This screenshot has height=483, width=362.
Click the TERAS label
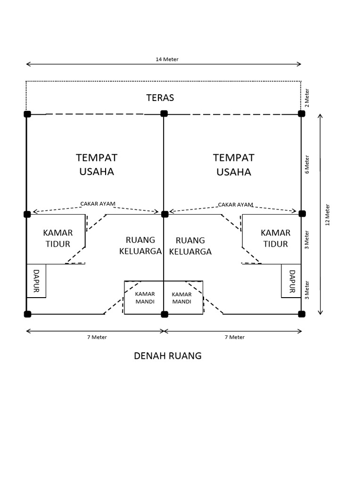click(160, 98)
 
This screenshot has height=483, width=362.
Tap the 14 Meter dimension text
click(167, 59)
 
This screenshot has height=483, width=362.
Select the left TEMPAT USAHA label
click(97, 164)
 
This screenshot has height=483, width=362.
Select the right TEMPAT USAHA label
click(234, 164)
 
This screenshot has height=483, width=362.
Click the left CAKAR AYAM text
click(98, 204)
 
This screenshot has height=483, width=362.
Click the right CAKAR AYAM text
click(235, 204)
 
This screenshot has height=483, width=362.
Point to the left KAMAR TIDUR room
click(58, 238)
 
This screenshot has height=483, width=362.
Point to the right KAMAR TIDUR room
click(275, 238)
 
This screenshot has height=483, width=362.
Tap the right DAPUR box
click(291, 281)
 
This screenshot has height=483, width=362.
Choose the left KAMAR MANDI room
click(145, 298)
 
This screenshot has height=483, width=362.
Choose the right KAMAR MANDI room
click(181, 298)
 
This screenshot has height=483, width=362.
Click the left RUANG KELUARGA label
click(140, 245)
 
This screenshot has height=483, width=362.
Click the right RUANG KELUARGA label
click(190, 246)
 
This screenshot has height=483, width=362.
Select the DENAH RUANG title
click(167, 356)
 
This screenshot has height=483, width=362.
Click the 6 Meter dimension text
click(307, 164)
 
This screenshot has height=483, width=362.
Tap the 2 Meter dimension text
click(307, 98)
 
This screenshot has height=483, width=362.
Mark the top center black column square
click(164, 113)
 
